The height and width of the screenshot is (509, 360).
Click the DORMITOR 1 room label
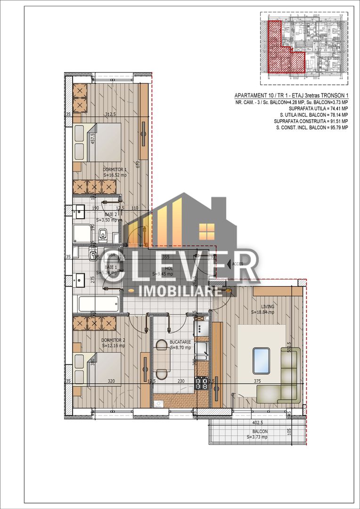[115, 169]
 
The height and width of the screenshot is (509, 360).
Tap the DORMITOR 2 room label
[113, 339]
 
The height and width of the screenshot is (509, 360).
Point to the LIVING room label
[266, 306]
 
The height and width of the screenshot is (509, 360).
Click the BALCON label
[260, 431]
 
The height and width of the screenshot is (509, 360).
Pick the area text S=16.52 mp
[115, 175]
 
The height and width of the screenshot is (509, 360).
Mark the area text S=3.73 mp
[257, 437]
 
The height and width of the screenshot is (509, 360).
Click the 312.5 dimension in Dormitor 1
[111, 115]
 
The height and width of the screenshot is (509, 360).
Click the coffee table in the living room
[261, 360]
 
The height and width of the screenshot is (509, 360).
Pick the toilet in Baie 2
[104, 234]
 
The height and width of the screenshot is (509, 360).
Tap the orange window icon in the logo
[206, 230]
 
